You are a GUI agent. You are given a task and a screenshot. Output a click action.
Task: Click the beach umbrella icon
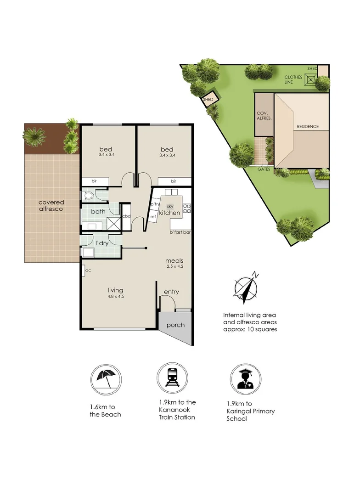(106, 379)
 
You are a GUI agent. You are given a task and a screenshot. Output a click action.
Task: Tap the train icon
(172, 378)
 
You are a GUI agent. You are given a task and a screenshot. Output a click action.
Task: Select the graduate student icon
(246, 379)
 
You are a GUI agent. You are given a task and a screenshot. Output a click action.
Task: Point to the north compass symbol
(246, 287)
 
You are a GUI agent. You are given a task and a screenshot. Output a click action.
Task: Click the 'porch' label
(175, 325)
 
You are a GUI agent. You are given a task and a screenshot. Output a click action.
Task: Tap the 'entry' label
(171, 292)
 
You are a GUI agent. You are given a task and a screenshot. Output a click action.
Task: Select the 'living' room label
(115, 290)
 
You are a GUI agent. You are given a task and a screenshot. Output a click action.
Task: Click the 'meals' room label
(174, 261)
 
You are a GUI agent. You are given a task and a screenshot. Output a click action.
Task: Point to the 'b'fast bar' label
(180, 232)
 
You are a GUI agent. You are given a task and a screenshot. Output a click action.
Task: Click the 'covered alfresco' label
(51, 206)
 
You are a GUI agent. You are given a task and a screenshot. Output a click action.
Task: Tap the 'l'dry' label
(102, 243)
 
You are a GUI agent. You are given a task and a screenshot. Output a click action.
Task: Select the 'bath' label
(98, 211)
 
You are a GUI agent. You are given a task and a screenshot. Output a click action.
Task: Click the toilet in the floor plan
(88, 196)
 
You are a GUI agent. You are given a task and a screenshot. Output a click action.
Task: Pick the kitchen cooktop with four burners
(186, 208)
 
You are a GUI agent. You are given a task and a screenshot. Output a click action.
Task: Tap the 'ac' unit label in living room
(88, 271)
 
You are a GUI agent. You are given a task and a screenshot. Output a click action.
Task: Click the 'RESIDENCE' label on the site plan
(308, 127)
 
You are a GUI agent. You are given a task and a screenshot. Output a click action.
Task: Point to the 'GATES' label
(264, 169)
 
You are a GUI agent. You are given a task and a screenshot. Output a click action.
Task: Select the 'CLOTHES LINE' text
(293, 79)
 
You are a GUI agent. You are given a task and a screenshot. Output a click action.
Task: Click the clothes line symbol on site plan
(311, 80)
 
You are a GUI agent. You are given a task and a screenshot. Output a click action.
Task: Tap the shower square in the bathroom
(112, 223)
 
